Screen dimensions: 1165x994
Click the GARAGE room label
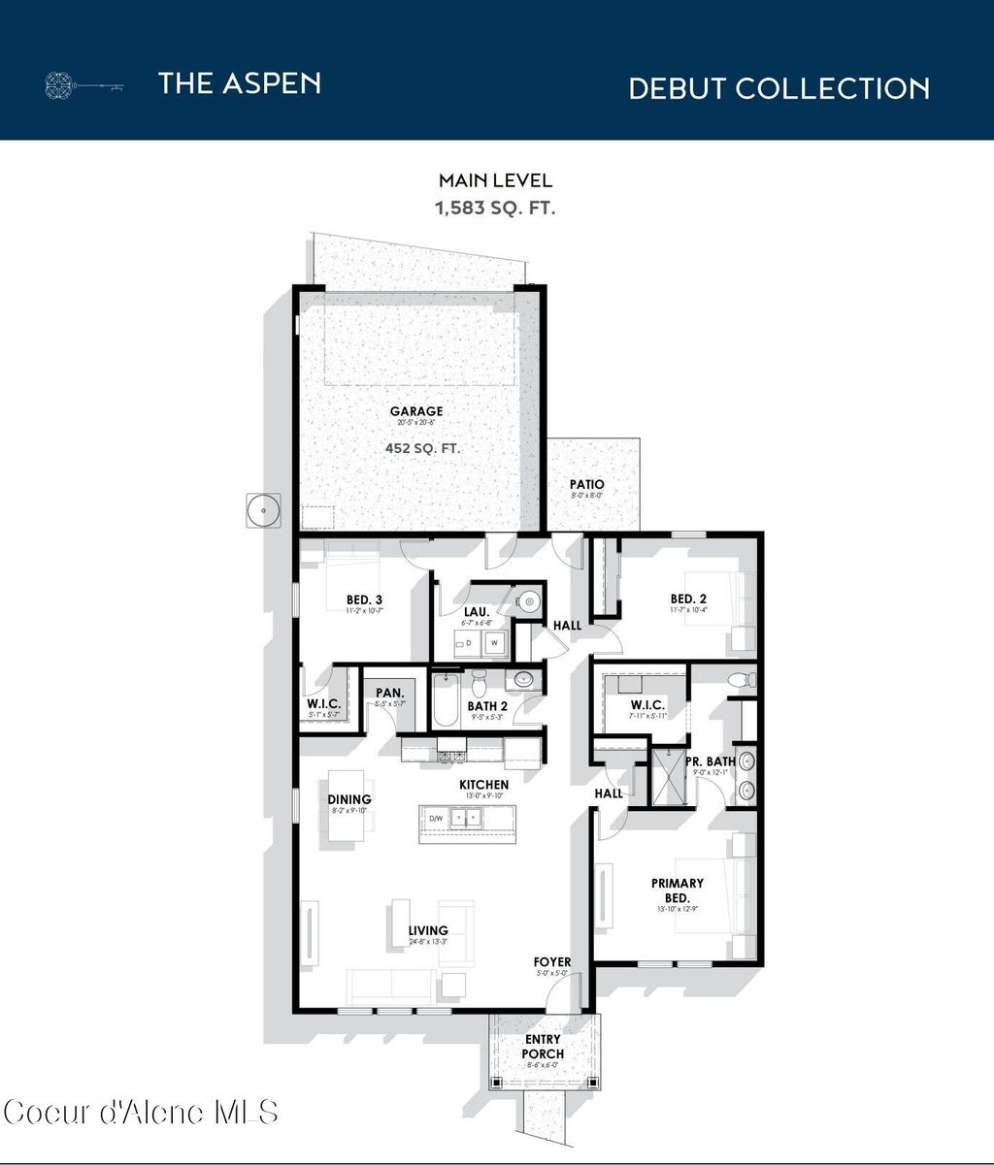click(x=416, y=411)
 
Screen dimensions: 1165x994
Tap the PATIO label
click(x=586, y=484)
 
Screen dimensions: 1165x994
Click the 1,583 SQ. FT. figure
click(x=495, y=207)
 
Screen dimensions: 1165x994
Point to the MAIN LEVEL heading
click(x=495, y=180)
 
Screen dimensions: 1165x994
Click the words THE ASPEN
click(x=239, y=83)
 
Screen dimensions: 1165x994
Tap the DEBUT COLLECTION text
click(x=779, y=88)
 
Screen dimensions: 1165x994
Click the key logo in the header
click(x=85, y=85)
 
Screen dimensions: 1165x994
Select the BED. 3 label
click(x=365, y=599)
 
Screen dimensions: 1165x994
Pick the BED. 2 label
click(x=687, y=599)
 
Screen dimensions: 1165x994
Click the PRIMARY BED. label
click(x=678, y=890)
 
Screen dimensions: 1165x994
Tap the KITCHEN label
click(x=483, y=784)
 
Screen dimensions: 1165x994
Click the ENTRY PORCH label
click(x=543, y=1047)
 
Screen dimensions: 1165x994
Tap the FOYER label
click(x=552, y=962)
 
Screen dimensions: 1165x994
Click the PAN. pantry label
click(x=389, y=693)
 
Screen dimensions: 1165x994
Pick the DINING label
click(x=349, y=799)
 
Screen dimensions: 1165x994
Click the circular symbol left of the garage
click(x=262, y=509)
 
